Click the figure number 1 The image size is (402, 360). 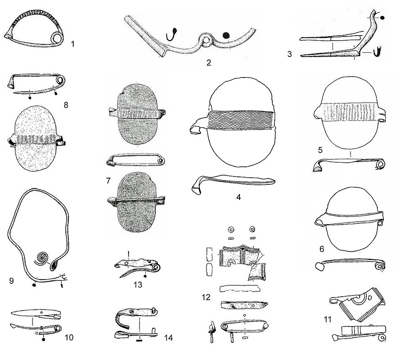pos(72,44)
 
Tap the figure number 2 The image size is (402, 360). pos(209,62)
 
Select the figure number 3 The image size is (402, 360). pos(289,54)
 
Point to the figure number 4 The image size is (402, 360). pos(239,197)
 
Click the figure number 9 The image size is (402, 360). pos(11,281)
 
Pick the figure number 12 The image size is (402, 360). pos(206,297)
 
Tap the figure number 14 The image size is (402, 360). pos(168,338)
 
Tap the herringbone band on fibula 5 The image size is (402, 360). pos(350,112)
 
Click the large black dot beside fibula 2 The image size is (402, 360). pos(226,36)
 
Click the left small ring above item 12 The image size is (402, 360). pos(232,229)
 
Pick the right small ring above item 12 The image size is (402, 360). pos(253,229)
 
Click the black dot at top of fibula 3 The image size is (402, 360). pos(382,18)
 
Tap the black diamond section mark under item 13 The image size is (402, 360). pos(145,277)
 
